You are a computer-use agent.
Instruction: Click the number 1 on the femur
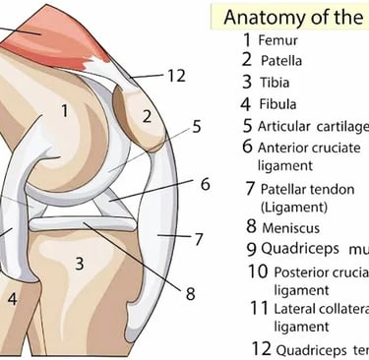64,111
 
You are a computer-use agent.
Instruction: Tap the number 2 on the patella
146,116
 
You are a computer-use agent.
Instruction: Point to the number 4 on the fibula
12,297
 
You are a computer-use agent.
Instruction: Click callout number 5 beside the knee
197,126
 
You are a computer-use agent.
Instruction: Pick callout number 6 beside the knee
205,184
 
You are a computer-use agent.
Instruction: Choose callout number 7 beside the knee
198,238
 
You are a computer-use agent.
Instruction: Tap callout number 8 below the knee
191,292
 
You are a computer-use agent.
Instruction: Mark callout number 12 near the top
176,76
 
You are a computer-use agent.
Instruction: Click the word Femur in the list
278,40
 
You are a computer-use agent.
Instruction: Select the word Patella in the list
281,60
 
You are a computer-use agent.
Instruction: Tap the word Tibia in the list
275,81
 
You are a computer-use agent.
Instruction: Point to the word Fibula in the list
278,102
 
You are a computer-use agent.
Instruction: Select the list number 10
257,270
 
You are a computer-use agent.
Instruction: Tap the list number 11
258,308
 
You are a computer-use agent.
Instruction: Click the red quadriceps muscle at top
39,30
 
